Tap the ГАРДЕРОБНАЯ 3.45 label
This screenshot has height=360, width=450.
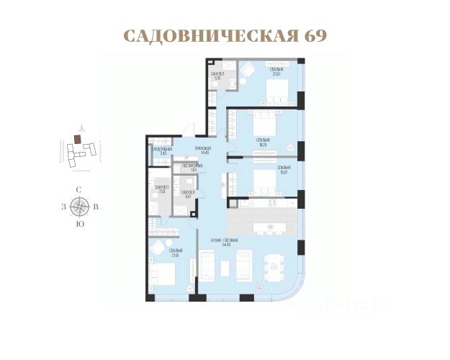[163, 151]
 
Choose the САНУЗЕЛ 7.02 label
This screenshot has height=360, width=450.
[161, 189]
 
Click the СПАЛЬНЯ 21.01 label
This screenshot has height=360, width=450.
[176, 253]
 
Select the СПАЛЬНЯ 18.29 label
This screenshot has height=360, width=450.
[263, 141]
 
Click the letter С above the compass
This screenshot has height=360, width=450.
[78, 189]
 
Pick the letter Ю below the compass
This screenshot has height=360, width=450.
[78, 224]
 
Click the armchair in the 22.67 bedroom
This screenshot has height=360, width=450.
[246, 71]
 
